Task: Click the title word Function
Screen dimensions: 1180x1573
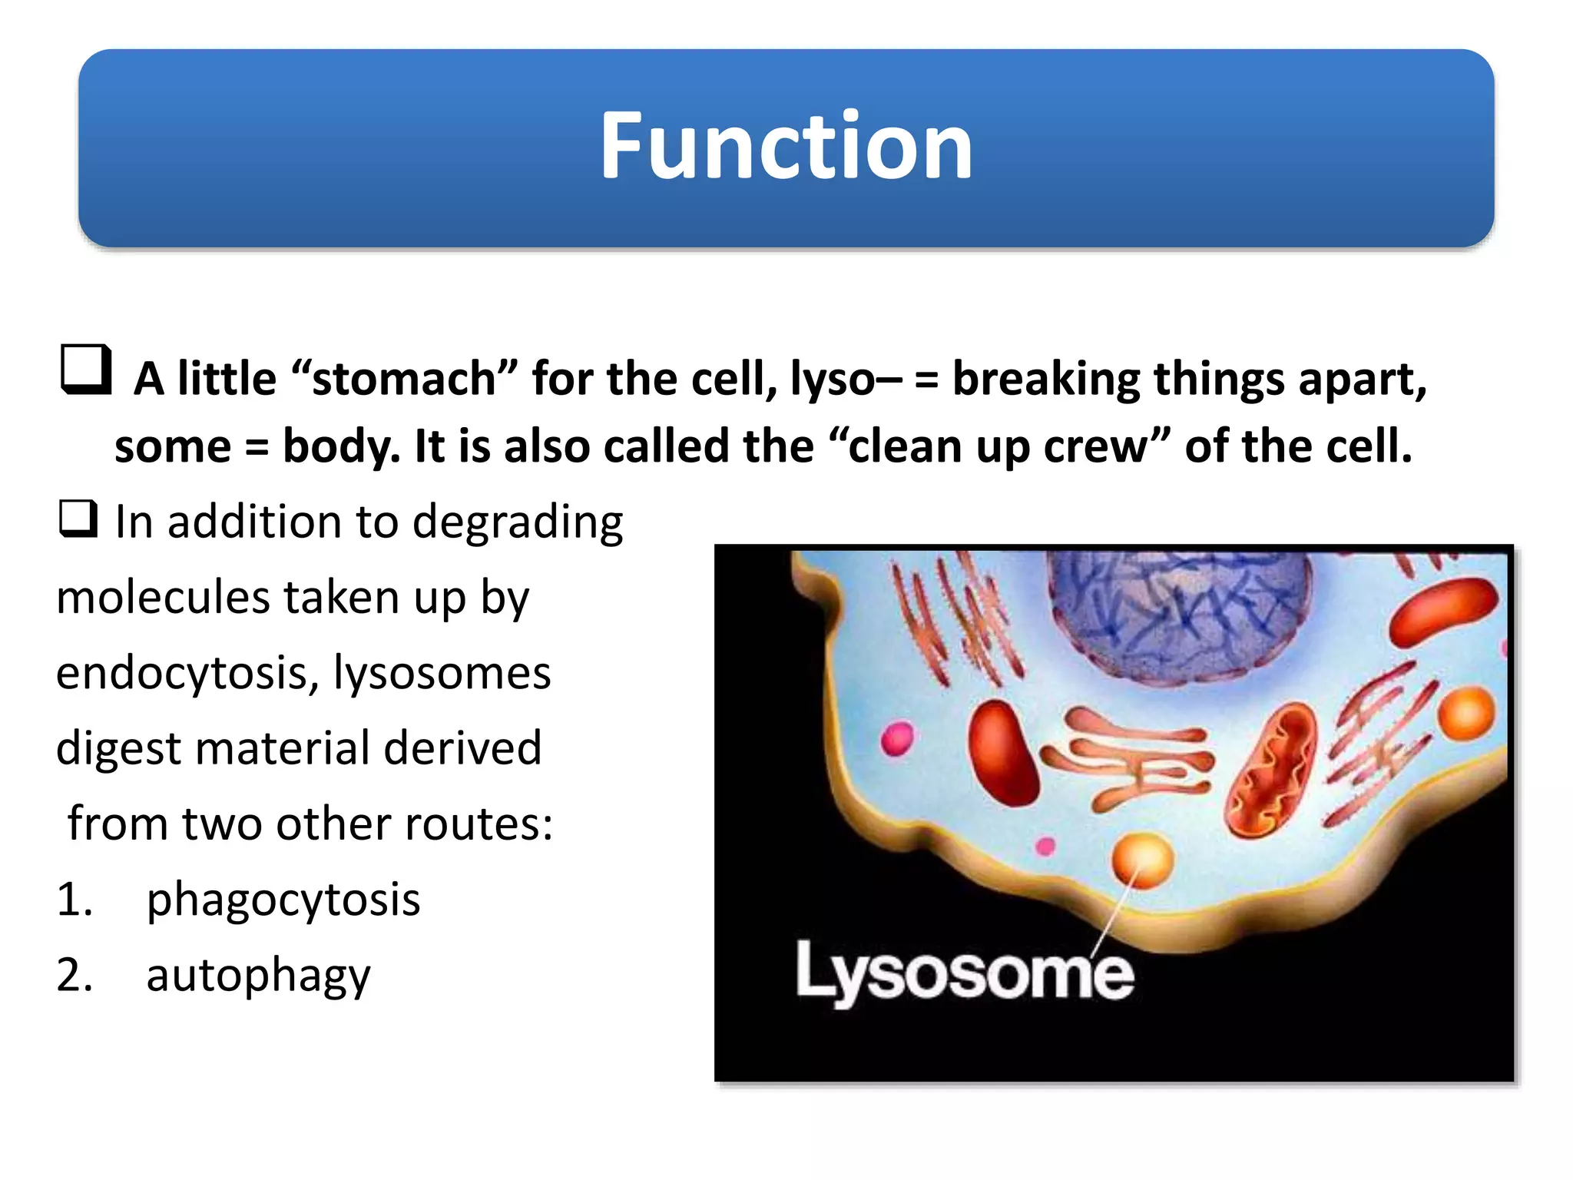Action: point(786,146)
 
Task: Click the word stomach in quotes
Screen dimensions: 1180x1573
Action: point(404,379)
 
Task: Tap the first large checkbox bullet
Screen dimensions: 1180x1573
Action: point(86,370)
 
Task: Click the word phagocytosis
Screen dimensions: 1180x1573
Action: point(283,899)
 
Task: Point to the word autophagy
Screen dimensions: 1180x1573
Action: point(258,975)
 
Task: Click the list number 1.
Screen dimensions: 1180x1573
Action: point(74,899)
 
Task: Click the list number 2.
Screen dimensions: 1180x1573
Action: point(74,975)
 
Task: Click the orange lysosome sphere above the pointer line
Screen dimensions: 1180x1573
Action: point(1143,858)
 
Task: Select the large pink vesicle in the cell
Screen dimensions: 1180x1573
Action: point(897,738)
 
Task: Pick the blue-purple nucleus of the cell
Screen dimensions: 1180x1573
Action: point(1179,615)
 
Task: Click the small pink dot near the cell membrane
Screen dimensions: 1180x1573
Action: point(1045,847)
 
